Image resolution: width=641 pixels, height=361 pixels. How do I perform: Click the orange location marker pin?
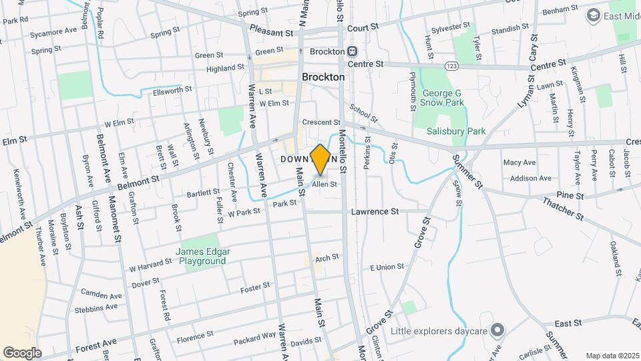[x=320, y=159]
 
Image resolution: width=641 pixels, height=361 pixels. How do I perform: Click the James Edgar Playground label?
[x=202, y=256]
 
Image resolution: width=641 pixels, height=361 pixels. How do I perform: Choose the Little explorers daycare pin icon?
[x=497, y=329]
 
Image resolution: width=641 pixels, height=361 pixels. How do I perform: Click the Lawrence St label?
[x=375, y=211]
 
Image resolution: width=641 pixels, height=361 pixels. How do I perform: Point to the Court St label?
[x=363, y=27]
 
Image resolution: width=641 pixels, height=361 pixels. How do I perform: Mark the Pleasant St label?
[x=271, y=31]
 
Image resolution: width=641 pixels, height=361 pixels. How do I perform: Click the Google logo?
[x=22, y=352]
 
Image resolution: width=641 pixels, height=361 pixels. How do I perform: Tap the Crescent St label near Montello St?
[x=321, y=122]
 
